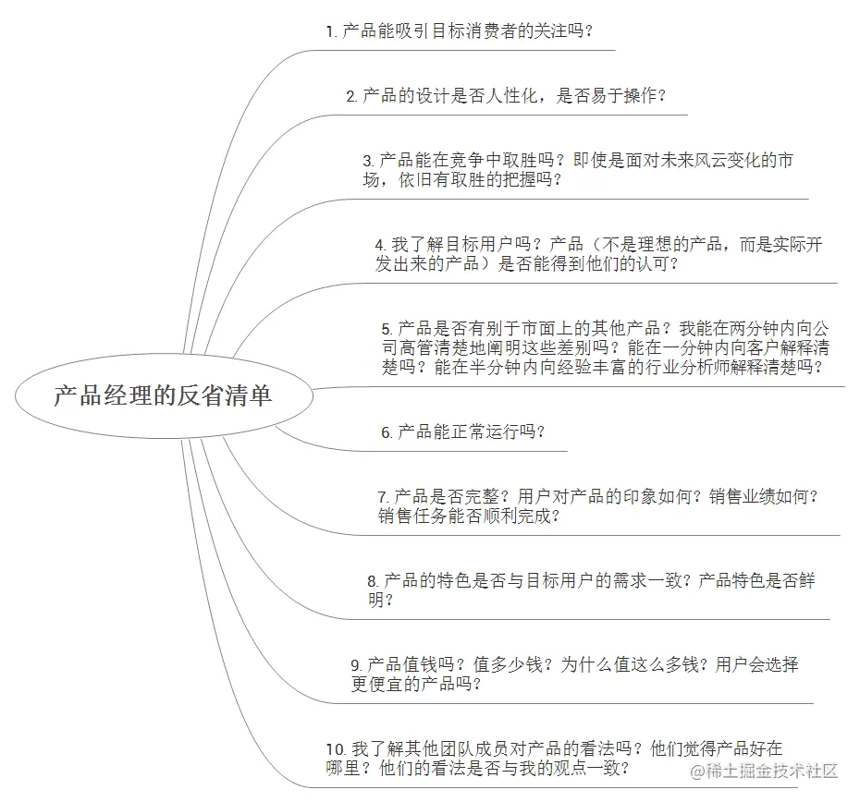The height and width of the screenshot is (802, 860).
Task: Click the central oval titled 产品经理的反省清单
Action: coord(163,397)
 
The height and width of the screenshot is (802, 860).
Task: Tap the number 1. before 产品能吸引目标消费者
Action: coord(330,31)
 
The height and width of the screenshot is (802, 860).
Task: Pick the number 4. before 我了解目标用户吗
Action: coord(380,246)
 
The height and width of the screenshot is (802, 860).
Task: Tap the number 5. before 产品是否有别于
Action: coord(387,329)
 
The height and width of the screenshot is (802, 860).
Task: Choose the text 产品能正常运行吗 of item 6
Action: coord(471,431)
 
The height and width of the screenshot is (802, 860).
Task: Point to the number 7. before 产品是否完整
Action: coord(383,497)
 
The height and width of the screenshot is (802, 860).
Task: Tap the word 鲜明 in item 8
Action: coord(798,581)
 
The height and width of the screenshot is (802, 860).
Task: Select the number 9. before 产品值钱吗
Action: coord(356,665)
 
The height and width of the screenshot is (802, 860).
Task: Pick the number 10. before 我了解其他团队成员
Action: coord(335,749)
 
